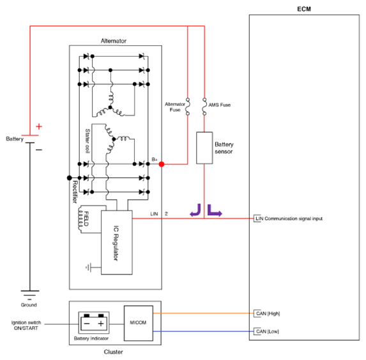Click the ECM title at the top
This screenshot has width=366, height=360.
304,9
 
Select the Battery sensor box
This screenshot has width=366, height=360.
204,148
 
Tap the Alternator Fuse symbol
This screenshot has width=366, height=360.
187,107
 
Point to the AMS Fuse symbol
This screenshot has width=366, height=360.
204,107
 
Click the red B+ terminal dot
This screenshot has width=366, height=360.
162,164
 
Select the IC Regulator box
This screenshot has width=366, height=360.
117,243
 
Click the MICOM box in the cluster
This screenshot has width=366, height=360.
139,323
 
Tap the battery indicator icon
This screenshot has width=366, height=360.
94,323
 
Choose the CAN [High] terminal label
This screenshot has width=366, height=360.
268,313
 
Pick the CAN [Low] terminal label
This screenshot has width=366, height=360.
267,331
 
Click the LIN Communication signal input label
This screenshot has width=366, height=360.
289,218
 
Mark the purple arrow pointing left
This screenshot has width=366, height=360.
195,210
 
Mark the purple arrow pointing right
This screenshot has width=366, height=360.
215,211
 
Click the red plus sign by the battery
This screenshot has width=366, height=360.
39,126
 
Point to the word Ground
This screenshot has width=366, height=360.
29,305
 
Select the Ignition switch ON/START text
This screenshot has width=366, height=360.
26,326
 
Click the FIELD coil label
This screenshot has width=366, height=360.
86,218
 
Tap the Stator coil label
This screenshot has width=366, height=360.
88,141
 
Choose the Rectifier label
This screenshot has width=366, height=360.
75,191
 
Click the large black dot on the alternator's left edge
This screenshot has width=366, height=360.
70,178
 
